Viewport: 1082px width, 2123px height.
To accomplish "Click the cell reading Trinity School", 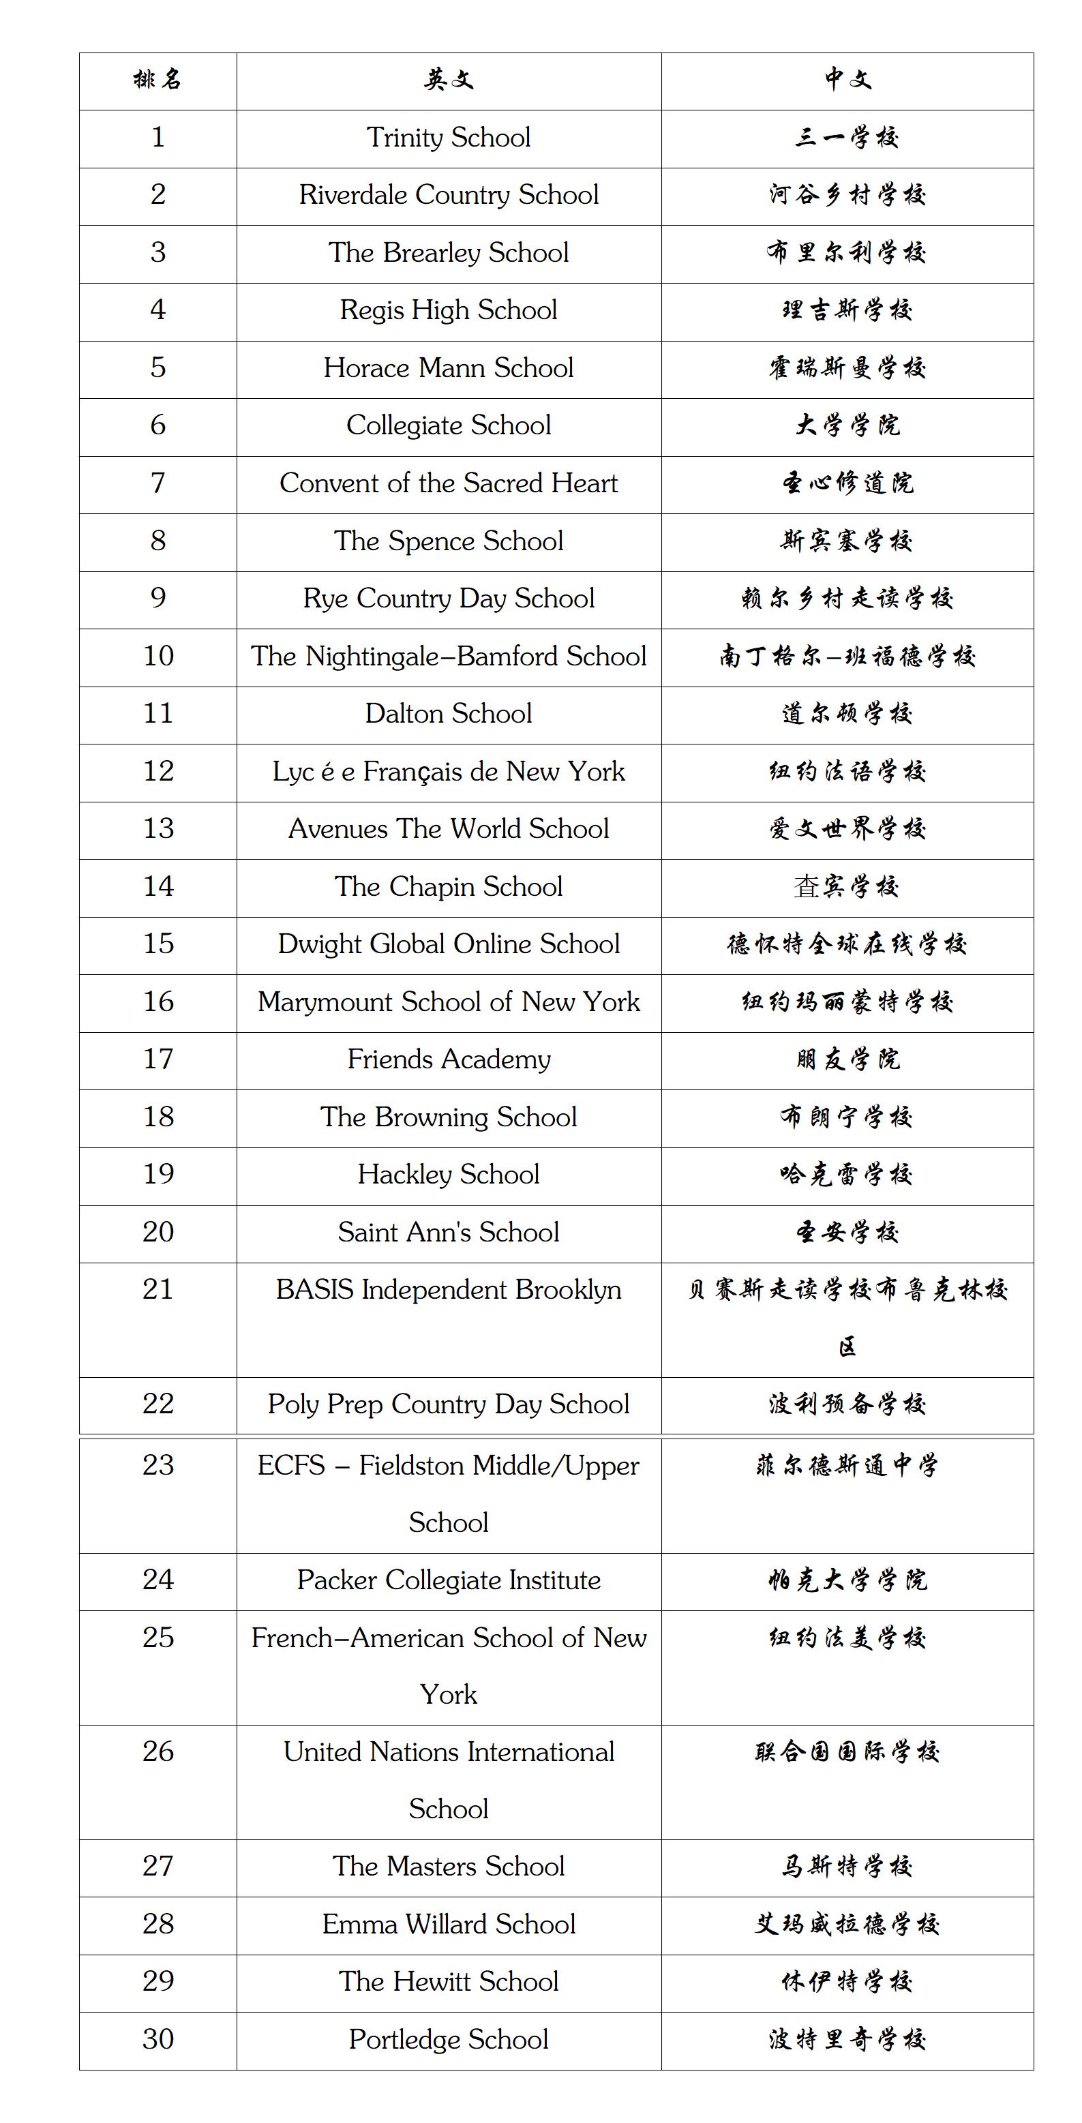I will coord(449,138).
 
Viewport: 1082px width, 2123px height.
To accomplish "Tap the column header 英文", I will coord(449,80).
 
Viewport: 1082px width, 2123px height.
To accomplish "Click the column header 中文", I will coord(847,80).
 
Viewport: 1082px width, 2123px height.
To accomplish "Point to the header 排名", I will coord(157,80).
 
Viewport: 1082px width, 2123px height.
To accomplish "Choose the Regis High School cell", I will coord(449,310).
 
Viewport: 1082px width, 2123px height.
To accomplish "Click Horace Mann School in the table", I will coord(449,367).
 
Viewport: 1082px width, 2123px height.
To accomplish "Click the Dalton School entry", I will coord(449,714).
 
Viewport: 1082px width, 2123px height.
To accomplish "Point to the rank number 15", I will coord(157,944).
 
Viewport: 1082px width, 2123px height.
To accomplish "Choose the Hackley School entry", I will coord(449,1175).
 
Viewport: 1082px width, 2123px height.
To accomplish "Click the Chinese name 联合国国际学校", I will coord(847,1752).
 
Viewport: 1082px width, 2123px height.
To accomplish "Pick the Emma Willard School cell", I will coord(449,1925).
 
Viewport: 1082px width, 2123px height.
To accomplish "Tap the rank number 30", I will coord(157,2040).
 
